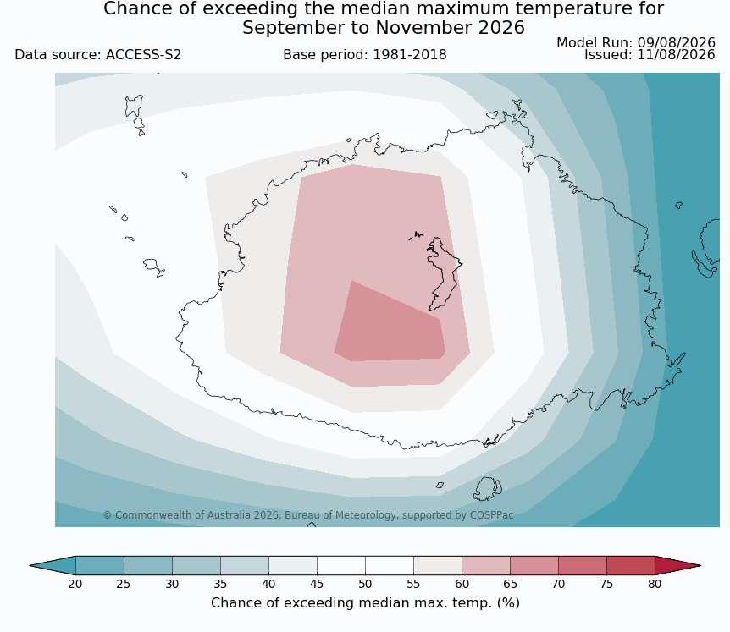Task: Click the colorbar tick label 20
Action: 75,584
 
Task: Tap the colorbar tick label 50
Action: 365,584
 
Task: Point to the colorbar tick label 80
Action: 655,584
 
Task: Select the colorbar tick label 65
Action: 510,584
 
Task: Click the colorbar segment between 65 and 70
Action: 534,565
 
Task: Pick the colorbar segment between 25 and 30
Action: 148,565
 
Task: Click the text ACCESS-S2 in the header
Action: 143,55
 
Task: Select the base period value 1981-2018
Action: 410,55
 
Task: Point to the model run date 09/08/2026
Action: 676,43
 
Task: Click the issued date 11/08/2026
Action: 676,55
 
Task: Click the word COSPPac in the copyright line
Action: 492,515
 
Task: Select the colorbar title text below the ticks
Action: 365,603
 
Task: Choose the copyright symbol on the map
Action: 107,515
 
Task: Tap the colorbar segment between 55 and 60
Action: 438,565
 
